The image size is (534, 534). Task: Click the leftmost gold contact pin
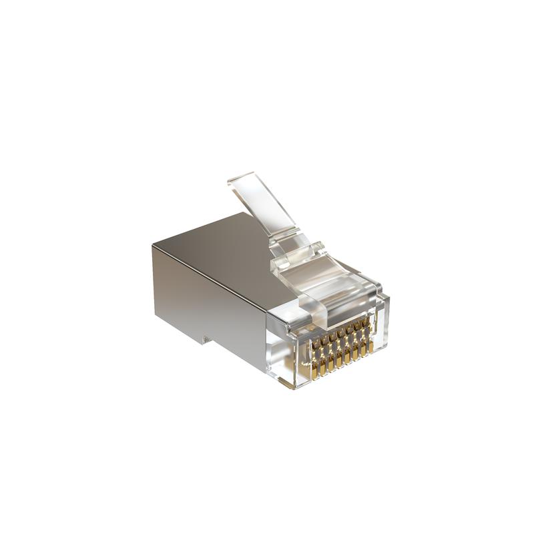coord(311,361)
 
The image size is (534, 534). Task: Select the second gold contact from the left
coord(319,358)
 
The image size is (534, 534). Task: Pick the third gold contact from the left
coord(327,356)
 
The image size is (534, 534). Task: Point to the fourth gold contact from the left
coord(335,353)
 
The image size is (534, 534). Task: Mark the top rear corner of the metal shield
coord(153,245)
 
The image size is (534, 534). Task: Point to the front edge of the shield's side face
coord(266,334)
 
